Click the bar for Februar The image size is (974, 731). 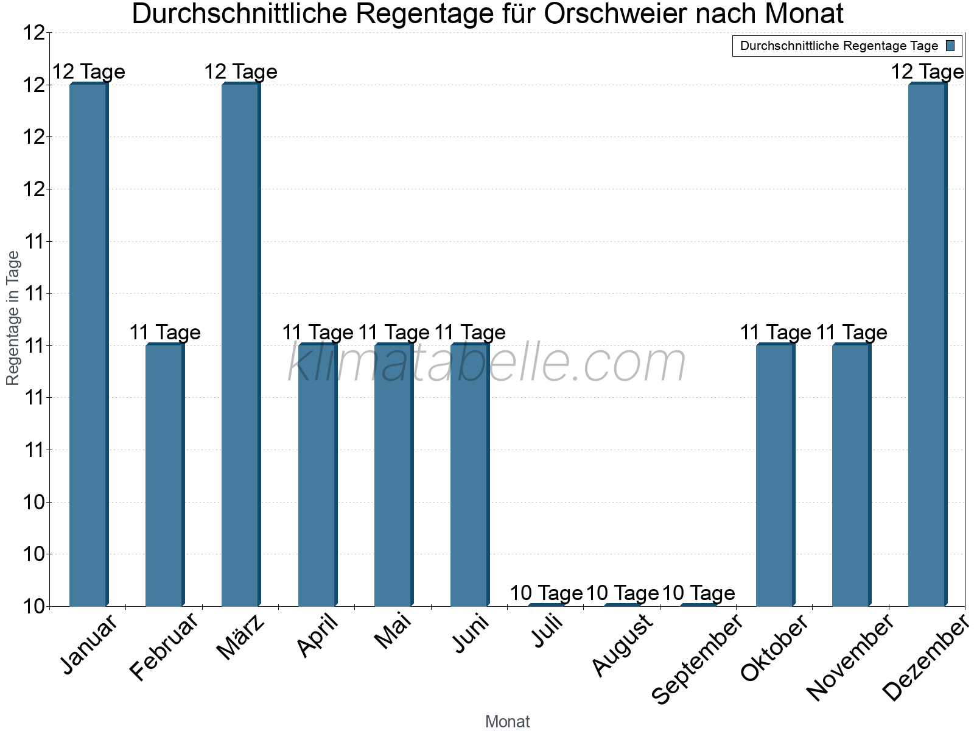[x=164, y=475]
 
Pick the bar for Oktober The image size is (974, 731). [x=775, y=475]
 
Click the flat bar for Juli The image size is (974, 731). [x=546, y=605]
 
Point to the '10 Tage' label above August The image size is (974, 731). [x=622, y=593]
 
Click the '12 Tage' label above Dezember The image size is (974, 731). [x=927, y=72]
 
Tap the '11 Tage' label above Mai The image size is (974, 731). [x=394, y=333]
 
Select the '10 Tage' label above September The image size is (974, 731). [x=698, y=593]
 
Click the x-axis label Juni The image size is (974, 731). [x=471, y=634]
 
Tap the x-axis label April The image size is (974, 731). [x=317, y=637]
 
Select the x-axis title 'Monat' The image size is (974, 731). [x=507, y=721]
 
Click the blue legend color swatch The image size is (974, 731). [x=951, y=46]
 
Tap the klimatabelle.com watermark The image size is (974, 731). [x=487, y=363]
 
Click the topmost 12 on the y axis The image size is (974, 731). [x=35, y=33]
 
